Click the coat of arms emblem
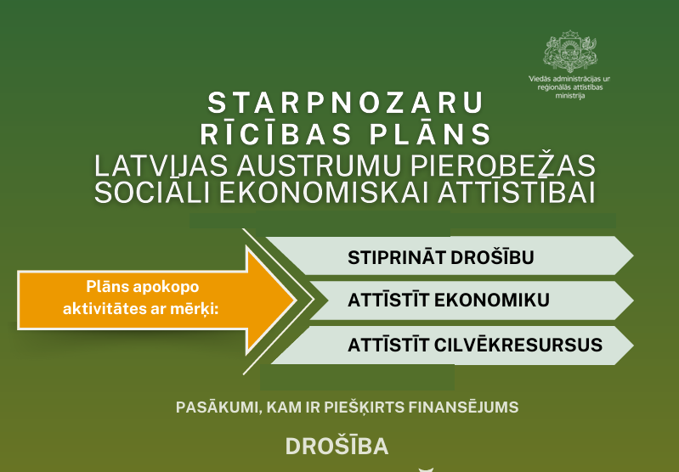(570, 51)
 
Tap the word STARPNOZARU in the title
(346, 103)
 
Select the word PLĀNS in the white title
(430, 133)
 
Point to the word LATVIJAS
(161, 166)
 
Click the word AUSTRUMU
(319, 166)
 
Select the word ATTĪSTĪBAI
(517, 193)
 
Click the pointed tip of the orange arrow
(297, 301)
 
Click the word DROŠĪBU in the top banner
(492, 257)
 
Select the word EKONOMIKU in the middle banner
(492, 301)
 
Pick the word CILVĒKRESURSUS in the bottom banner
(518, 346)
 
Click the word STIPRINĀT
(397, 257)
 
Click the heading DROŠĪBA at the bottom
(337, 446)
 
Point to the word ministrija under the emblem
(570, 96)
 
